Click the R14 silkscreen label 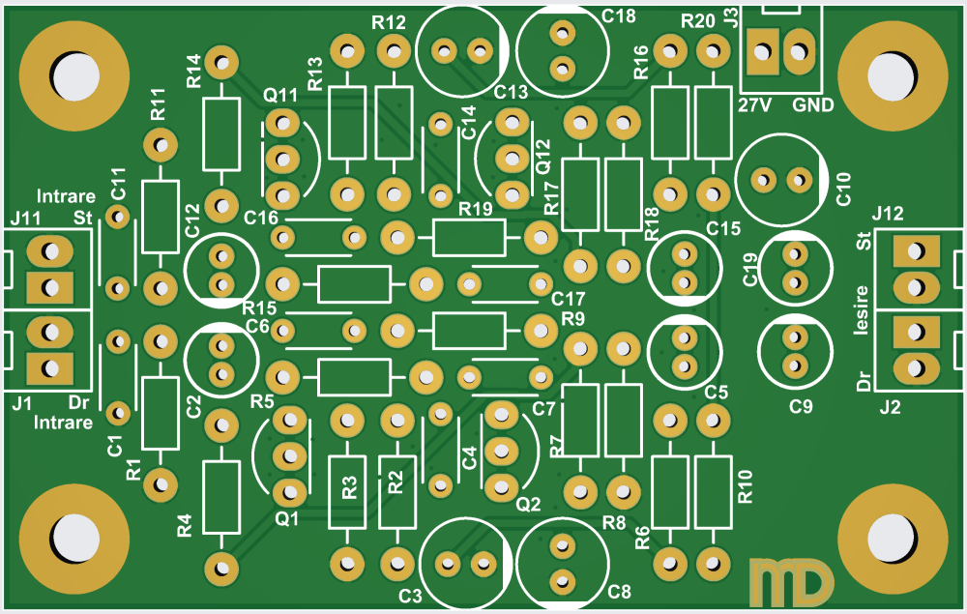[x=193, y=72]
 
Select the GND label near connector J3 [x=812, y=104]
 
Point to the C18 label [x=619, y=16]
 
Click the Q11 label [x=280, y=95]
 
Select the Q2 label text [x=528, y=504]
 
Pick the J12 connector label [x=887, y=214]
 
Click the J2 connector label [x=890, y=408]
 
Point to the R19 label [x=476, y=208]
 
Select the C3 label [x=410, y=595]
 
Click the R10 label [x=745, y=486]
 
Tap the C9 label [x=800, y=406]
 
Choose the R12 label [x=388, y=22]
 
